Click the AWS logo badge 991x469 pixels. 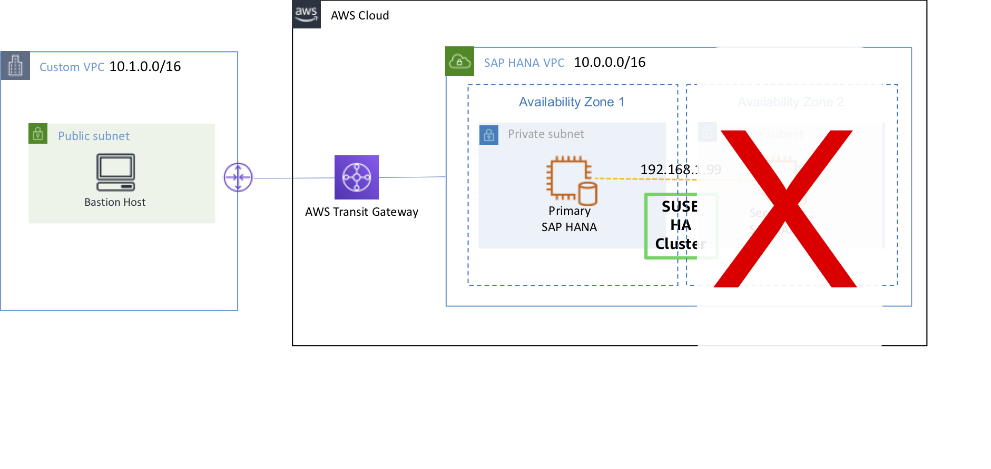click(307, 14)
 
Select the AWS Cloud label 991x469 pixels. click(360, 16)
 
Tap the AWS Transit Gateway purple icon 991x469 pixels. click(357, 177)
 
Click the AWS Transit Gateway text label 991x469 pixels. click(361, 212)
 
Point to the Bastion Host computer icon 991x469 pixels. click(116, 172)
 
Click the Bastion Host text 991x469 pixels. click(115, 203)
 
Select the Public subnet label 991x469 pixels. click(94, 136)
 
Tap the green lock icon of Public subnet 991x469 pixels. click(38, 134)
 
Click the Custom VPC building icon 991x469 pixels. click(15, 66)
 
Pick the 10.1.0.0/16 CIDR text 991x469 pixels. click(145, 67)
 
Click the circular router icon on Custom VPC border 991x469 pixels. click(238, 177)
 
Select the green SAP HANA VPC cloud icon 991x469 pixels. click(459, 62)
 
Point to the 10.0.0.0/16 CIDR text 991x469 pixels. click(610, 63)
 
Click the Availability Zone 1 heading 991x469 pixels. click(572, 102)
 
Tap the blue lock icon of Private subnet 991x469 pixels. click(489, 135)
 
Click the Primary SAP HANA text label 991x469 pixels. click(569, 219)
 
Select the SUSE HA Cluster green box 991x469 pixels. click(680, 226)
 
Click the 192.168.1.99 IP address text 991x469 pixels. click(680, 169)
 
